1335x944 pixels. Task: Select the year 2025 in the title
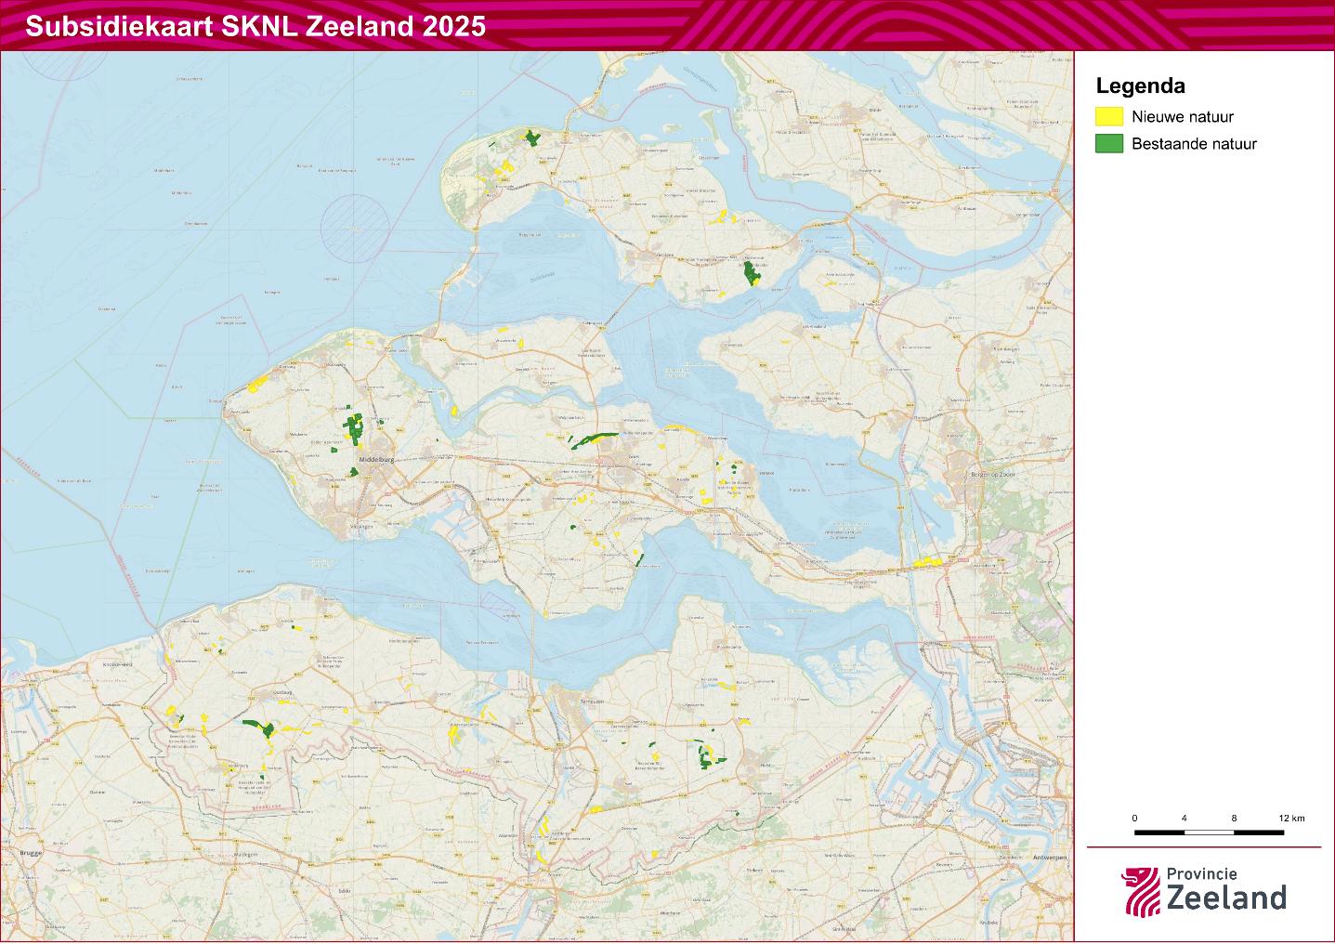click(454, 26)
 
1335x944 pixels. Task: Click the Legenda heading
click(1140, 86)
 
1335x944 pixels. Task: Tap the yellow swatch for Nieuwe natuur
click(1108, 117)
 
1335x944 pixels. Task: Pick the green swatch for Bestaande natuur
click(1108, 144)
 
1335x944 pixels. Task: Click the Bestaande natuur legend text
click(1194, 144)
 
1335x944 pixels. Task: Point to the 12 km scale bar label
click(1291, 818)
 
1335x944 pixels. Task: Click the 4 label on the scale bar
click(1184, 818)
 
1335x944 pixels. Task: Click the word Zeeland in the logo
click(1226, 898)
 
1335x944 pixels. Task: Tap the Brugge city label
click(29, 851)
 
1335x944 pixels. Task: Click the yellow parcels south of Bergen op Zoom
click(928, 562)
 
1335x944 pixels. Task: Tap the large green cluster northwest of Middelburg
click(354, 427)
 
